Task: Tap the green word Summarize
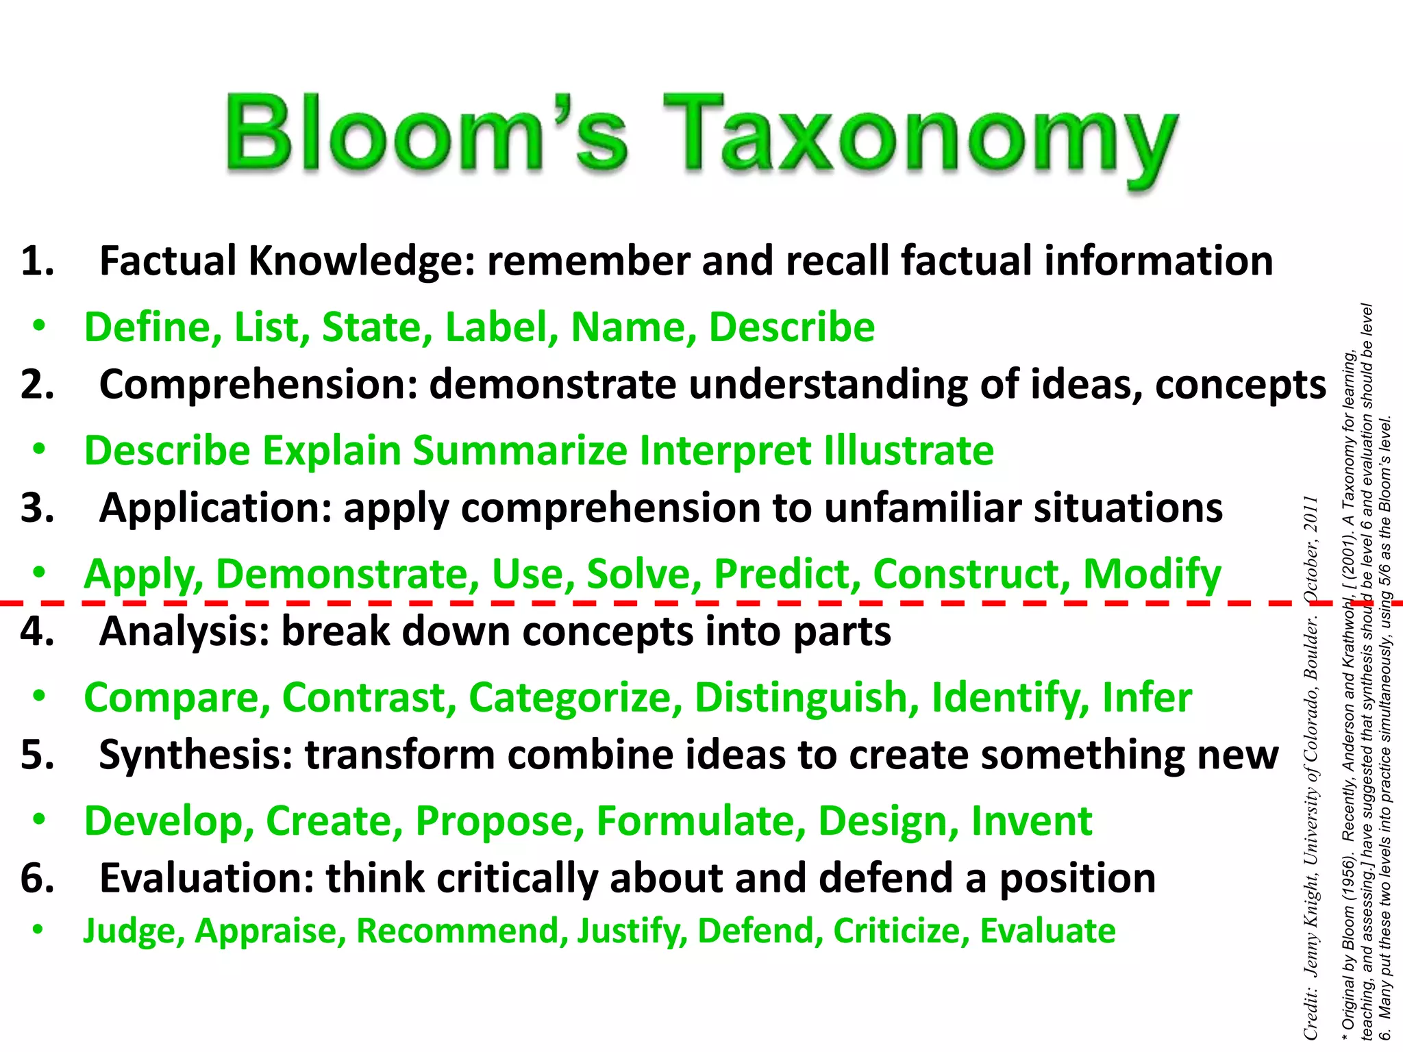(519, 451)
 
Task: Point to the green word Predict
(786, 574)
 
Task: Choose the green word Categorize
(575, 697)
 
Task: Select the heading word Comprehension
(258, 384)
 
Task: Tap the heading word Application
(215, 508)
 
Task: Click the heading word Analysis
(184, 631)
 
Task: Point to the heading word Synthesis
(195, 755)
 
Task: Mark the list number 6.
(37, 879)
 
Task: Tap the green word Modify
(1152, 574)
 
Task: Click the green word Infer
(1147, 697)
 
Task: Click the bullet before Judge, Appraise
(39, 930)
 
